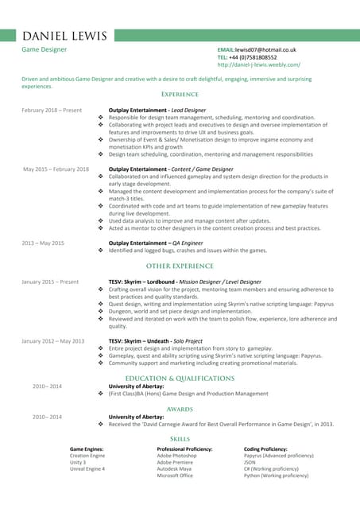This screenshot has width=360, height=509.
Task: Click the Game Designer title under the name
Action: coord(44,49)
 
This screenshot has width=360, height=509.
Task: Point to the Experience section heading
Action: coord(180,95)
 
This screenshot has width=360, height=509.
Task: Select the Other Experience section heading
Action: coord(180,266)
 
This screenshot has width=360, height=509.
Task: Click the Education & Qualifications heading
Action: coord(180,379)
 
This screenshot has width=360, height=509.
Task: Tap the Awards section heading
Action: coord(180,409)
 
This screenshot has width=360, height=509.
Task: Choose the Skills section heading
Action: coord(180,439)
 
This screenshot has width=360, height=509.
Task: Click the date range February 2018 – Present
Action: coord(52,110)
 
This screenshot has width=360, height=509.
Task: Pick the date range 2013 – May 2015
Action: coord(43,243)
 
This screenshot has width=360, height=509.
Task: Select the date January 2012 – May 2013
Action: coord(52,341)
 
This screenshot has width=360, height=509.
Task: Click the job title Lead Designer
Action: coord(188,110)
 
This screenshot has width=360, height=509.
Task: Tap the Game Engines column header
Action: coord(87,449)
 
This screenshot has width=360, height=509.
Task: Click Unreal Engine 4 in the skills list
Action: coord(87,469)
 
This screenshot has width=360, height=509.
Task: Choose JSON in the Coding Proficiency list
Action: coord(250,462)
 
